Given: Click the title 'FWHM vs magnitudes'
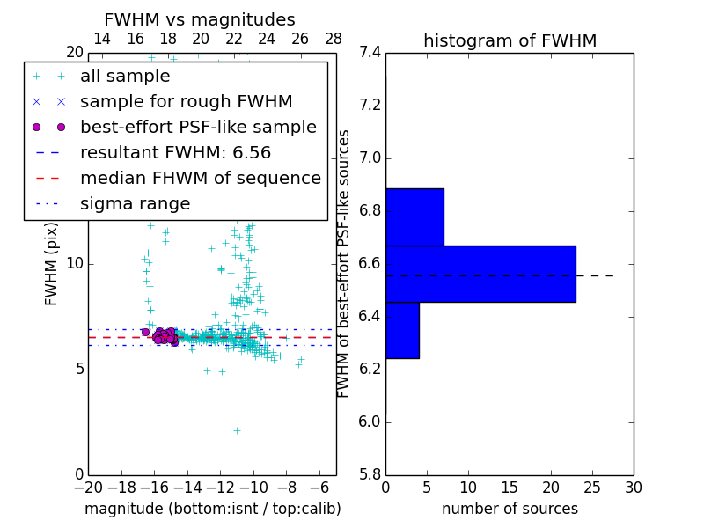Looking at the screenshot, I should (200, 19).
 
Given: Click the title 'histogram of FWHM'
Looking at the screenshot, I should (510, 40).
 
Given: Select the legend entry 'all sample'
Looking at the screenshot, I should (125, 77).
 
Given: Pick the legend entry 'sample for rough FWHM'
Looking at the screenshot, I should (186, 102).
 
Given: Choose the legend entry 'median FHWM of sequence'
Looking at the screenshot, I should (200, 179).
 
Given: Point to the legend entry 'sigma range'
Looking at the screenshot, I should (135, 204).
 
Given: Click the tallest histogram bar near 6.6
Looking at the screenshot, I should (480, 274).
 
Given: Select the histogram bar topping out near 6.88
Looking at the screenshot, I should (414, 217).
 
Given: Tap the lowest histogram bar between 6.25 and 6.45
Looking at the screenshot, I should (402, 330).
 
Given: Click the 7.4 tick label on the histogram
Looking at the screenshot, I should (370, 53).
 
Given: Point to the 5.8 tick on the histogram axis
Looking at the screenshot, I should (370, 474).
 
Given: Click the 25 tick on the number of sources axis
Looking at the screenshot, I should (591, 487).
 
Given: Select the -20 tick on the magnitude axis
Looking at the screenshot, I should (88, 487).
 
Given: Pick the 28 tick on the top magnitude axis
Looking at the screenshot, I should (334, 40).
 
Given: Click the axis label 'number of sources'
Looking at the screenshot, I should (510, 509).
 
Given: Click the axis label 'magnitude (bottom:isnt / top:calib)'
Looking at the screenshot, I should (212, 509).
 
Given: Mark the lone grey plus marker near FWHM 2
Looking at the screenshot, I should (237, 430).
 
